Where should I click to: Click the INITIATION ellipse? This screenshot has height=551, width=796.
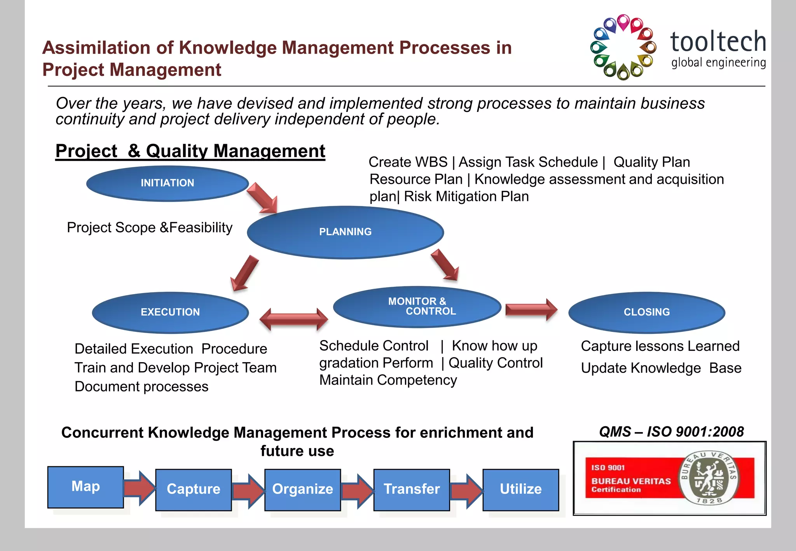coord(167,183)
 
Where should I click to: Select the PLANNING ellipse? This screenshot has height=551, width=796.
coord(345,232)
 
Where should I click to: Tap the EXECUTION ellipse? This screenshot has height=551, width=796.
coord(170,312)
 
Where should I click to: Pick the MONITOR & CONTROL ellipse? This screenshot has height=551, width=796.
coord(417,307)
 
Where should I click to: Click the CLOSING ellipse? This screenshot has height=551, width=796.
coord(647,312)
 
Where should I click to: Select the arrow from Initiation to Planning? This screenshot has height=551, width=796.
coord(262,198)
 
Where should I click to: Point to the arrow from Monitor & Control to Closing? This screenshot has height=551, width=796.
coord(531,310)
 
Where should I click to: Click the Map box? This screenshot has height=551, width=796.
coord(86,487)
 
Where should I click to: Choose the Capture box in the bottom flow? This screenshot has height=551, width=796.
coord(194,489)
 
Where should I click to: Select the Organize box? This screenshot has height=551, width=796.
coord(302,489)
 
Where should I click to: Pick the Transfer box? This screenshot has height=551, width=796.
coord(412,489)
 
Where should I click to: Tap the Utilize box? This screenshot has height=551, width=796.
coord(521,489)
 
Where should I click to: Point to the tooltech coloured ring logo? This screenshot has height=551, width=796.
coord(623,47)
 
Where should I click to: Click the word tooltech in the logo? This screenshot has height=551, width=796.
coord(718,42)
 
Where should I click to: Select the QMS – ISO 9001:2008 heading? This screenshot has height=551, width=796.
coord(671,432)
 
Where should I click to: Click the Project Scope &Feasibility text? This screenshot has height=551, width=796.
coord(150,227)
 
